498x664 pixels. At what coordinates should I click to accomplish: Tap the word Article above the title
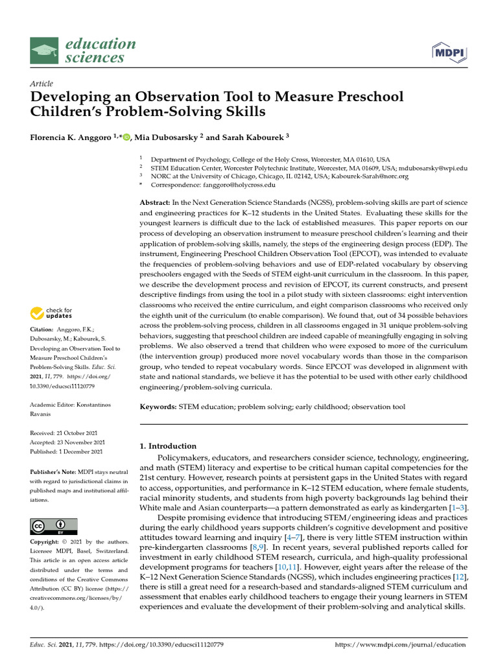click(41, 84)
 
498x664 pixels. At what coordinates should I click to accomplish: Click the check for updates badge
click(52, 314)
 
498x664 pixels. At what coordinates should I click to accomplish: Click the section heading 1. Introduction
click(168, 446)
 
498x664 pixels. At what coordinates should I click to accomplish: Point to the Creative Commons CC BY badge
click(54, 526)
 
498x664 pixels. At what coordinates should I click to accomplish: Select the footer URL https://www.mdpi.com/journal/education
click(400, 645)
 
